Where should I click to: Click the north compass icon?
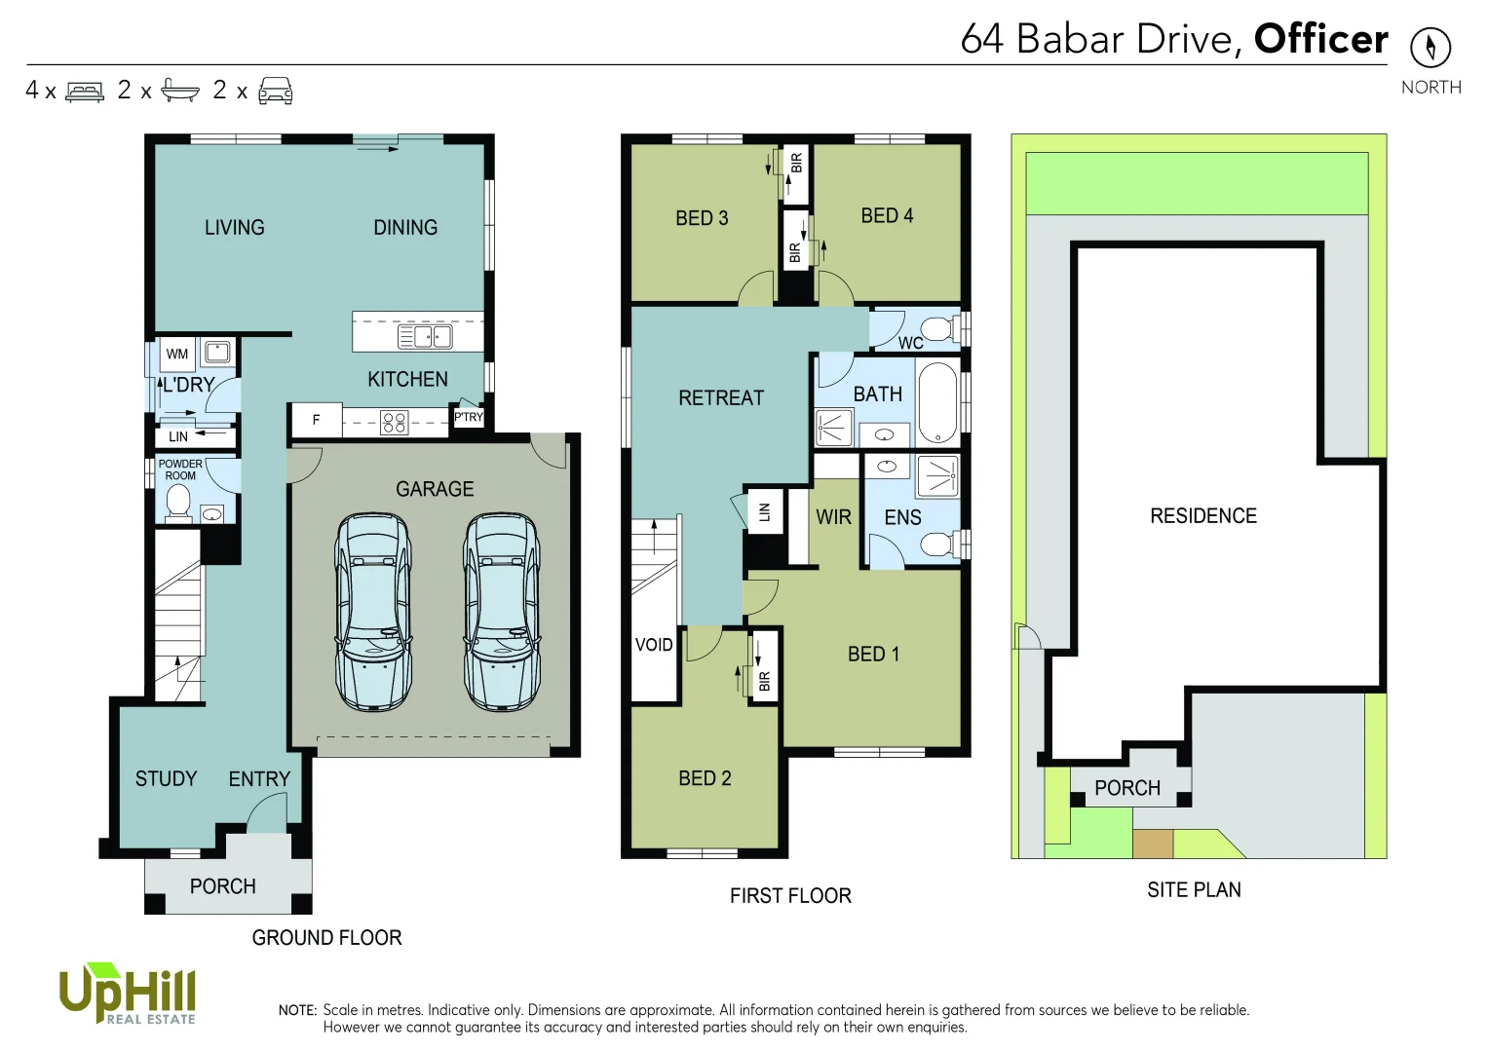point(1430,47)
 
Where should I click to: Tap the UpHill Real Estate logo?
point(128,994)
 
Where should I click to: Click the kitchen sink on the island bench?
point(425,337)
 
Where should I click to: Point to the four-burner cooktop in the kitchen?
point(394,422)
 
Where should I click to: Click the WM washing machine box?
point(177,354)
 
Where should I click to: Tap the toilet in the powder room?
point(178,503)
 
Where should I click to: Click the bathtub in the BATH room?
point(937,401)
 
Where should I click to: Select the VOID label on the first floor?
point(654,645)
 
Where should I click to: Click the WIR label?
point(833,517)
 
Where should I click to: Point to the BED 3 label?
point(702,218)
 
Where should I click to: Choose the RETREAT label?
point(721,397)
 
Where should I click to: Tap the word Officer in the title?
point(1320,39)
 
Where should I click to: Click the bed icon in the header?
point(85,92)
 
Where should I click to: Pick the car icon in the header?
point(276,91)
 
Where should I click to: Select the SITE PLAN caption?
point(1194,889)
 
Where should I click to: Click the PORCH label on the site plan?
point(1127,788)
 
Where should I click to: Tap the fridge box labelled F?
point(316,420)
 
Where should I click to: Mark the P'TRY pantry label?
point(469,417)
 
